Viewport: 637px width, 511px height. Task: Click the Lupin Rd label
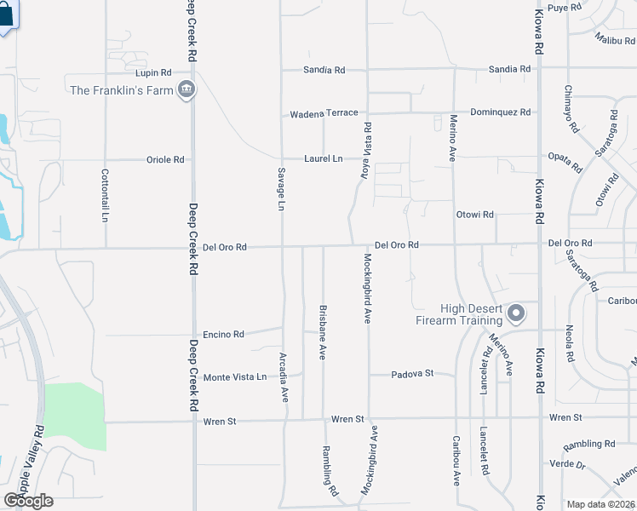(x=153, y=72)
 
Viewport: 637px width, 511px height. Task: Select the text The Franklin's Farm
(x=120, y=90)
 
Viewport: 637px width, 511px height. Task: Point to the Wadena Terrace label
(x=324, y=113)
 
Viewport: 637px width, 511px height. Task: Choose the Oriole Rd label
(x=165, y=159)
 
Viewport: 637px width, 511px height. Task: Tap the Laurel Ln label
(x=324, y=158)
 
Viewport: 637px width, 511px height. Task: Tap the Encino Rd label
(x=223, y=334)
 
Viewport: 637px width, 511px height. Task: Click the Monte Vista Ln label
(x=234, y=376)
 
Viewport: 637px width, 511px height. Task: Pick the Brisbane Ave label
(x=323, y=332)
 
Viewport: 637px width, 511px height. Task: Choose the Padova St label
(x=412, y=373)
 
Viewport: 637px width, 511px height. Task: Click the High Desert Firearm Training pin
(x=516, y=314)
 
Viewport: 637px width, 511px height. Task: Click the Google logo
(x=28, y=500)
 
